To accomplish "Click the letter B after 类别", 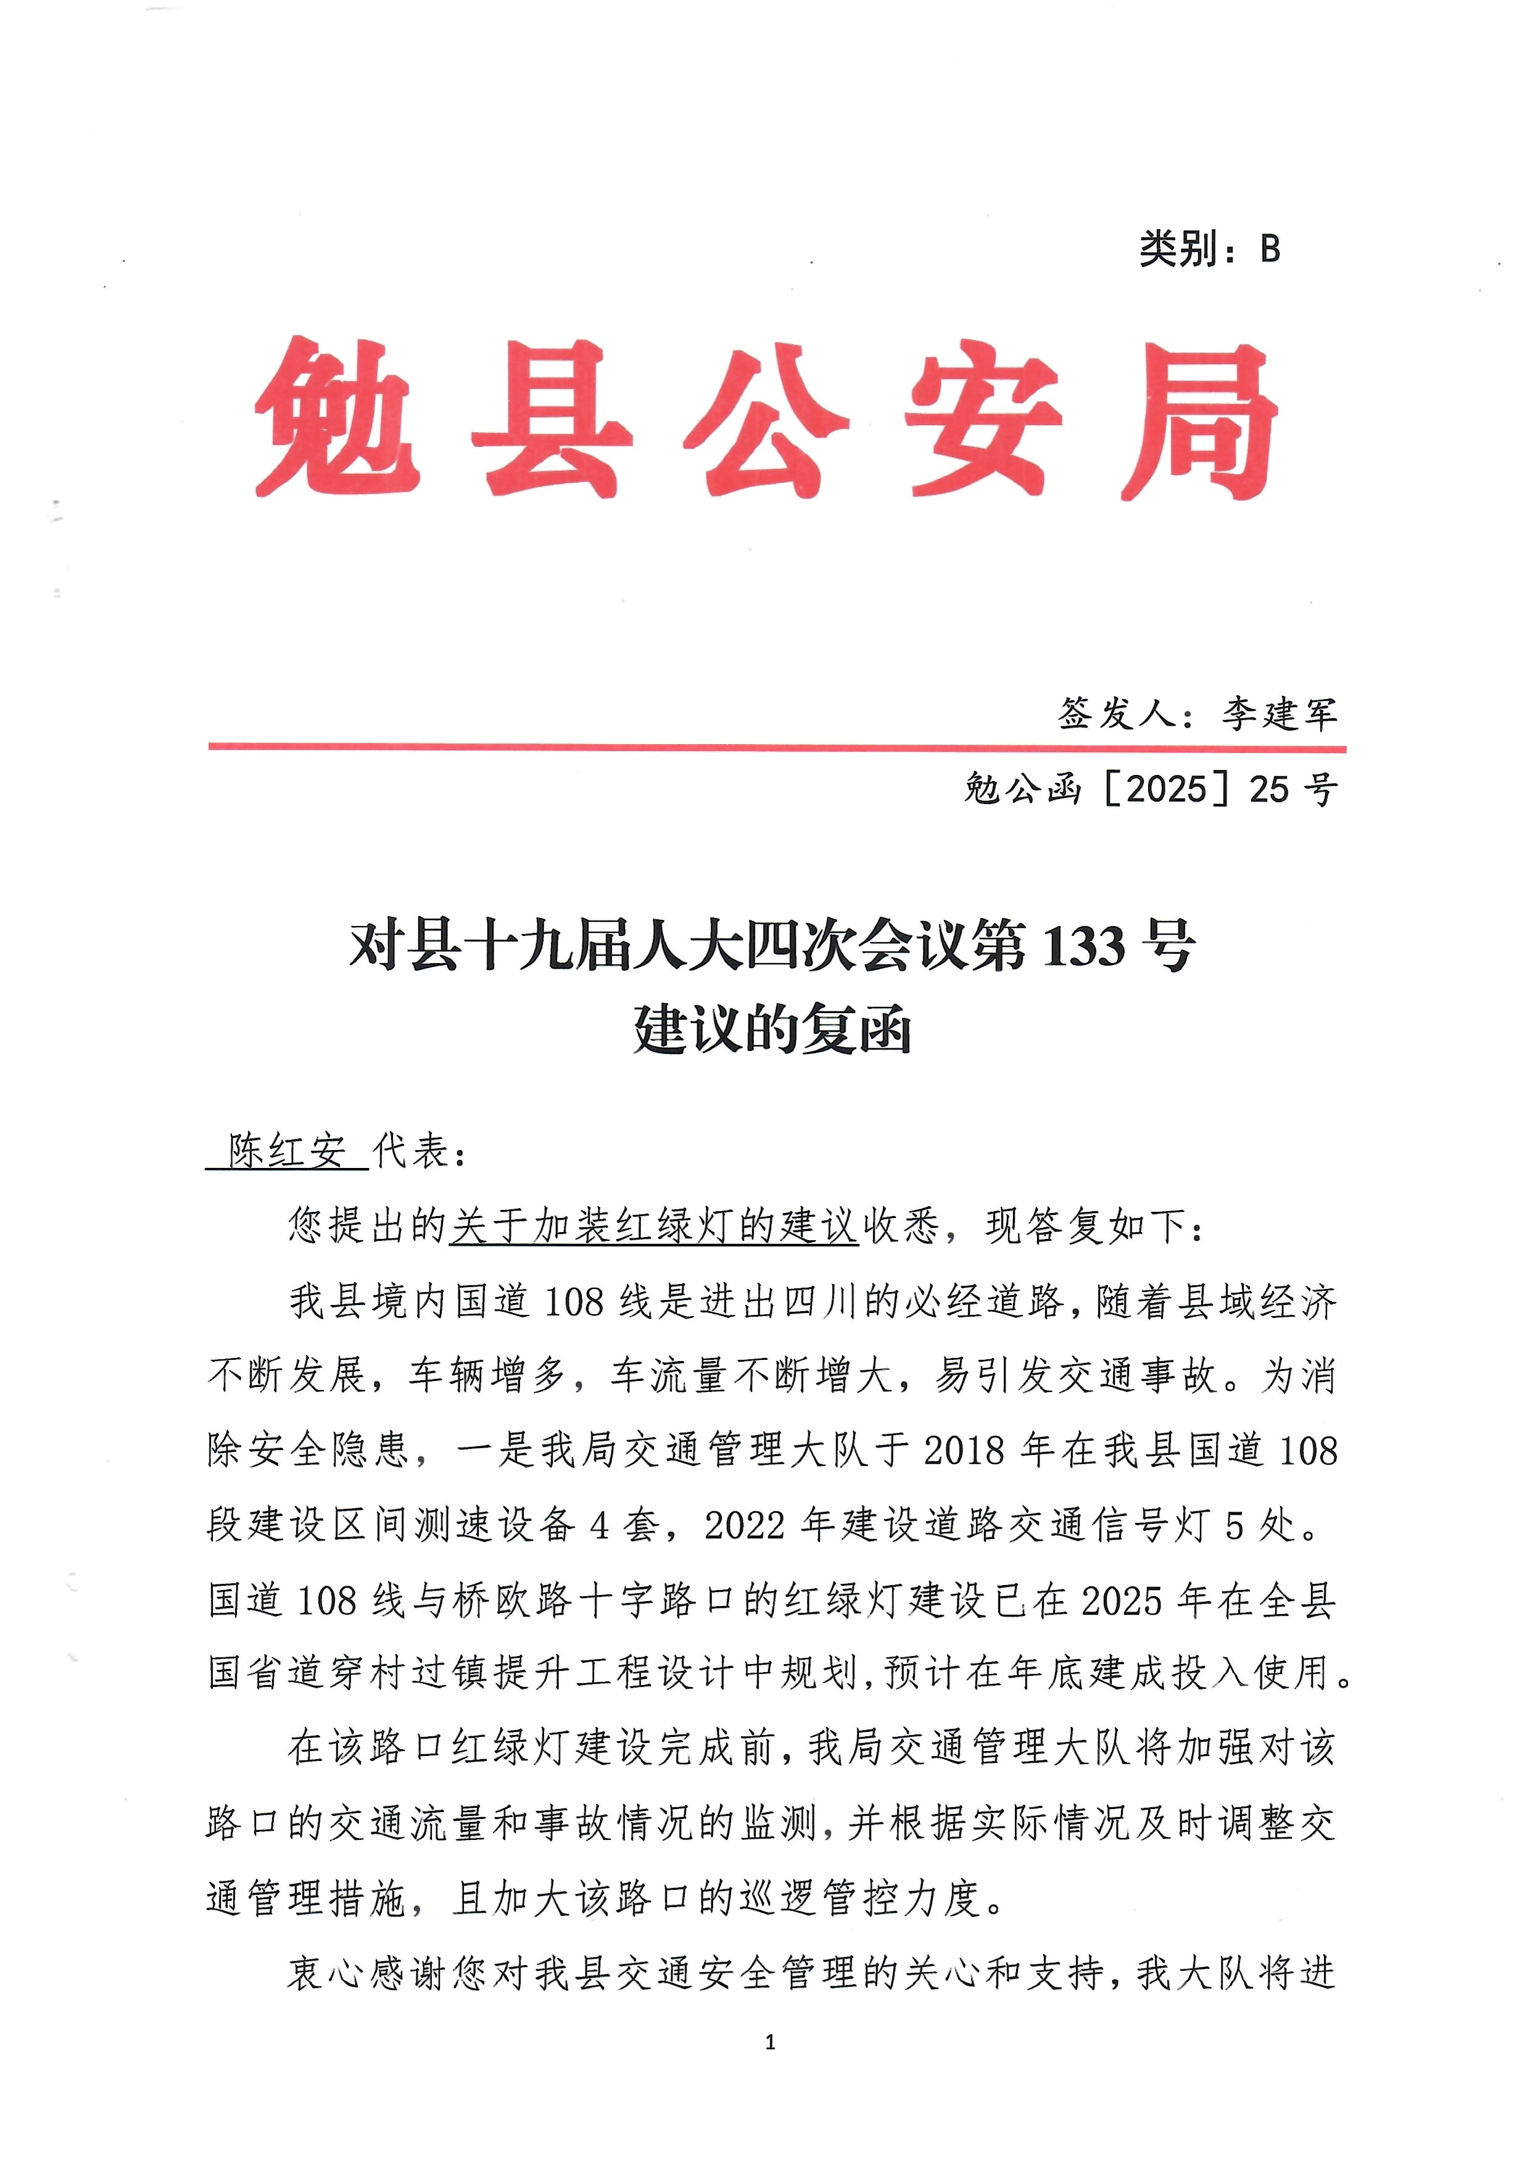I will [x=1270, y=248].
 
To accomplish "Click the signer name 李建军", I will [x=1280, y=714].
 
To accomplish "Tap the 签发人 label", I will [x=1117, y=714].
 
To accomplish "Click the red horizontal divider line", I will [x=776, y=747].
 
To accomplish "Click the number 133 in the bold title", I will [x=1085, y=946].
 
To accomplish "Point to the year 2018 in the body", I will [x=964, y=1451].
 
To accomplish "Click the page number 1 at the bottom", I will [x=771, y=2042].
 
